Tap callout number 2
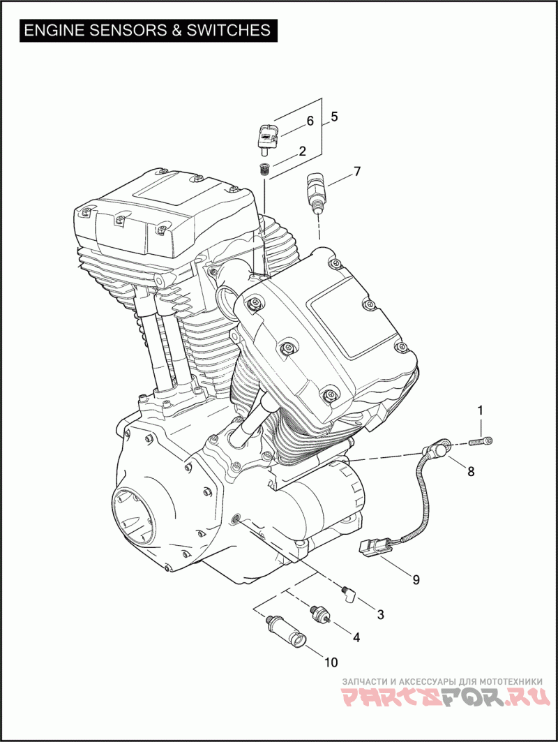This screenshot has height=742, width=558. coord(302,151)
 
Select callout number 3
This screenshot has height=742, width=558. coord(380,614)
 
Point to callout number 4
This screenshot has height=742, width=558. coord(356,637)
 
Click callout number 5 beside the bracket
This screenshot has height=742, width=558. coord(334,117)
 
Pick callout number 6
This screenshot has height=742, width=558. coord(310,121)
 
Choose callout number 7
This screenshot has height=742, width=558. coord(357,171)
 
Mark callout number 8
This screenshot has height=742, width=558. coord(471,471)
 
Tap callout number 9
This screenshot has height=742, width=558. coord(416,579)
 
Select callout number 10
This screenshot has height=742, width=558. coord(331,662)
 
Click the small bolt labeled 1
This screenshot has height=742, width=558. coord(481,440)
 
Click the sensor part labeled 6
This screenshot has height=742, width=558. coord(268,137)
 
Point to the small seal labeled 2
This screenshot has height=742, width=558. coord(264,168)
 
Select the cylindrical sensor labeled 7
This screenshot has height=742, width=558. coord(313,189)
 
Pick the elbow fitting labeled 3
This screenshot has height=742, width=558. coord(348,594)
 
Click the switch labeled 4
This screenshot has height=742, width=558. coord(319,614)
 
